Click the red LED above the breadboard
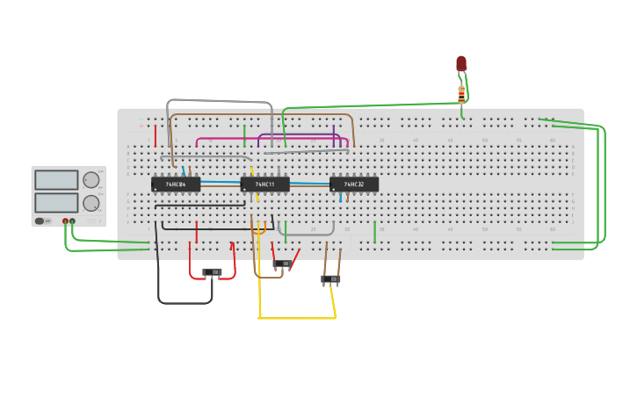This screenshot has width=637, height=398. click(461, 64)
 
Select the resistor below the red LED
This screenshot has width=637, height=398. click(461, 92)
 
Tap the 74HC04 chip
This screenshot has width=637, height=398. click(175, 185)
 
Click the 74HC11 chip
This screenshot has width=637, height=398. click(264, 185)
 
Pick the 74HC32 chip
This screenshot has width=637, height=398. click(354, 185)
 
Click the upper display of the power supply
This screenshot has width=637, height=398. click(56, 179)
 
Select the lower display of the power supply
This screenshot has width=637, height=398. click(56, 202)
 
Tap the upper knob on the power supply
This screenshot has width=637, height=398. click(90, 180)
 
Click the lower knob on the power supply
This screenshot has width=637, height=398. click(90, 203)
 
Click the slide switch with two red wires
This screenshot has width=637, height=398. click(212, 272)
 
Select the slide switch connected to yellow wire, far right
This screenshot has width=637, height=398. click(330, 279)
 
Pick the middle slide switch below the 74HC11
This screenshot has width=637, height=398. click(282, 264)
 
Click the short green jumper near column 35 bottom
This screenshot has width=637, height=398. click(374, 232)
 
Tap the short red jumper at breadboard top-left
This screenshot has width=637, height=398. click(156, 136)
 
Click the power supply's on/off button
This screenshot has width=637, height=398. click(40, 221)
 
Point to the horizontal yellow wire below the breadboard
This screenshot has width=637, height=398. click(297, 318)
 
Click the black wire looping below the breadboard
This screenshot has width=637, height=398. click(185, 303)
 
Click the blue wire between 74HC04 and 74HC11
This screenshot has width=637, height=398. click(220, 183)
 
